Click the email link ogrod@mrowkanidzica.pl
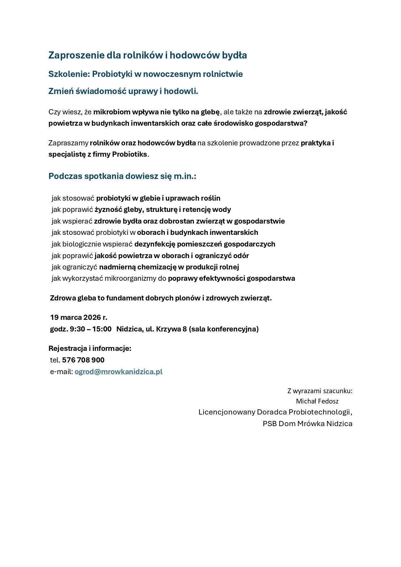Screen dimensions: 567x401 point(118,372)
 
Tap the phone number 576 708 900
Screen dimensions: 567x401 point(83,360)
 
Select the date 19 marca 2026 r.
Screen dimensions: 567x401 point(79,317)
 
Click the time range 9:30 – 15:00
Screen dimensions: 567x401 point(90,329)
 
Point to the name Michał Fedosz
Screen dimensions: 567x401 point(317,401)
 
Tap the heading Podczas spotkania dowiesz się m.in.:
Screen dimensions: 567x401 point(122,176)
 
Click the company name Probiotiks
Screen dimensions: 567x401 point(129,154)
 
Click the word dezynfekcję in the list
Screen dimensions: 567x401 point(154,244)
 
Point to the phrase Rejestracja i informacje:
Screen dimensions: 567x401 point(90,348)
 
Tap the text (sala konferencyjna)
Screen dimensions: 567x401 point(224,329)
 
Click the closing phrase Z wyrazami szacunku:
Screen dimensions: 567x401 point(320,391)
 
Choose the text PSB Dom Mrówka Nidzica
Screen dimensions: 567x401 point(307,424)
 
